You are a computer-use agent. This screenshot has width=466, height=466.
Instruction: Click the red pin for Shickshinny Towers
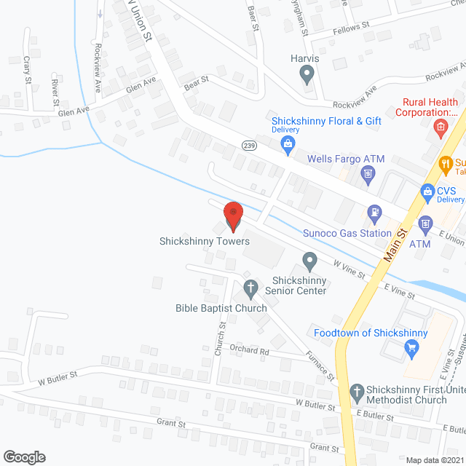[x=233, y=216]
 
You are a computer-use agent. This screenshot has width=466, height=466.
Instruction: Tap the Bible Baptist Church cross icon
[x=250, y=288]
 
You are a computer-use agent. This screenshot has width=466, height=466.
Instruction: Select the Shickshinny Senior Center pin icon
[x=309, y=260]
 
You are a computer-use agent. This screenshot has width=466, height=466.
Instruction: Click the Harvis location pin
[x=307, y=73]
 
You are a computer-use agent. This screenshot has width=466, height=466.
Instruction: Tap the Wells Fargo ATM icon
[x=368, y=173]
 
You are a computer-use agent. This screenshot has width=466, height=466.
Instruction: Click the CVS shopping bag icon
[x=428, y=192]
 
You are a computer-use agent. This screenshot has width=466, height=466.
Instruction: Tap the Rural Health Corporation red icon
[x=441, y=130]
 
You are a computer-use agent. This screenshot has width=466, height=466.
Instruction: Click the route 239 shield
[x=248, y=146]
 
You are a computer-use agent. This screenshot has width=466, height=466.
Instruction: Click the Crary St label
[x=27, y=70]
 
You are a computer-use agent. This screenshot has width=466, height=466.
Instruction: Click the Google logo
[x=23, y=457]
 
